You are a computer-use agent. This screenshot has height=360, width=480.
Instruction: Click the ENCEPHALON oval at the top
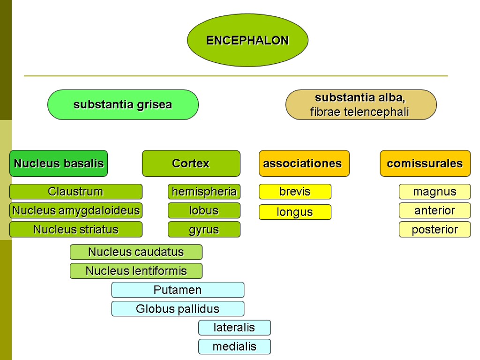(x=247, y=40)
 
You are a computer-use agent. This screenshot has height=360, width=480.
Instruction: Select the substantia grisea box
(x=123, y=105)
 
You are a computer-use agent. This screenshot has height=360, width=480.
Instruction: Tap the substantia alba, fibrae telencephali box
(x=361, y=105)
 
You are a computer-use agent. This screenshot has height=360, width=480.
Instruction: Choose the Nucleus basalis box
(x=59, y=163)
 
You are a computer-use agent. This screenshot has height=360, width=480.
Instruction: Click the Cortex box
(x=191, y=163)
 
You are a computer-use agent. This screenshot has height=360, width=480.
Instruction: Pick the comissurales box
(x=425, y=163)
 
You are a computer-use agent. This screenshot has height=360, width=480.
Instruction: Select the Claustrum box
(x=75, y=191)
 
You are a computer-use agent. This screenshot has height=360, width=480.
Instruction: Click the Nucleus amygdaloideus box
(x=75, y=210)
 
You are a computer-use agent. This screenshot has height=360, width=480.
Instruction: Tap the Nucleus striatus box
(x=75, y=229)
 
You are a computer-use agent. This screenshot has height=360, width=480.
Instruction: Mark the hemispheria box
(x=204, y=191)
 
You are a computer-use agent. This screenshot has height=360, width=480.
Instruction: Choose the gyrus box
(x=204, y=229)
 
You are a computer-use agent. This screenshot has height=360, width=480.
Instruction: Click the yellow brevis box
(x=295, y=191)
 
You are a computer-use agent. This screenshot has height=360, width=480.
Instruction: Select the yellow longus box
(x=295, y=212)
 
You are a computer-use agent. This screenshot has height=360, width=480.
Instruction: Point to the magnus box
(x=435, y=191)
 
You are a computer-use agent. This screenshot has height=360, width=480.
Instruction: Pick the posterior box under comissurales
(x=435, y=229)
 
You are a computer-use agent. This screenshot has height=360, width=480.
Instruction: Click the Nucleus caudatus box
(x=136, y=252)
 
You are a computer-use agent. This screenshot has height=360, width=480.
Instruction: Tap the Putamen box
(x=178, y=290)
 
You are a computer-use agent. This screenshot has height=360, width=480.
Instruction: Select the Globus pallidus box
(x=178, y=308)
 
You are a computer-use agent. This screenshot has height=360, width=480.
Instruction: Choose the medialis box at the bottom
(x=234, y=346)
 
